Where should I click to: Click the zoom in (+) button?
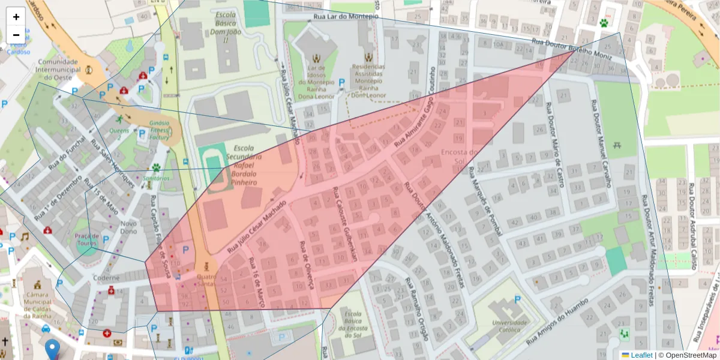coord(16,17)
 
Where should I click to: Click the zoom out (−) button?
coord(16,35)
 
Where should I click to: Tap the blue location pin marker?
coord(53,349)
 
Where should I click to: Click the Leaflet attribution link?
coord(641,355)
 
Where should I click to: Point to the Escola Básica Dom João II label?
coord(225,26)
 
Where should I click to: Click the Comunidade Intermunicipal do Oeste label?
coord(59,70)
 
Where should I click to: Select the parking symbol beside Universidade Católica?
coord(517,299)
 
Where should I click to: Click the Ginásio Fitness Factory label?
coord(160,130)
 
